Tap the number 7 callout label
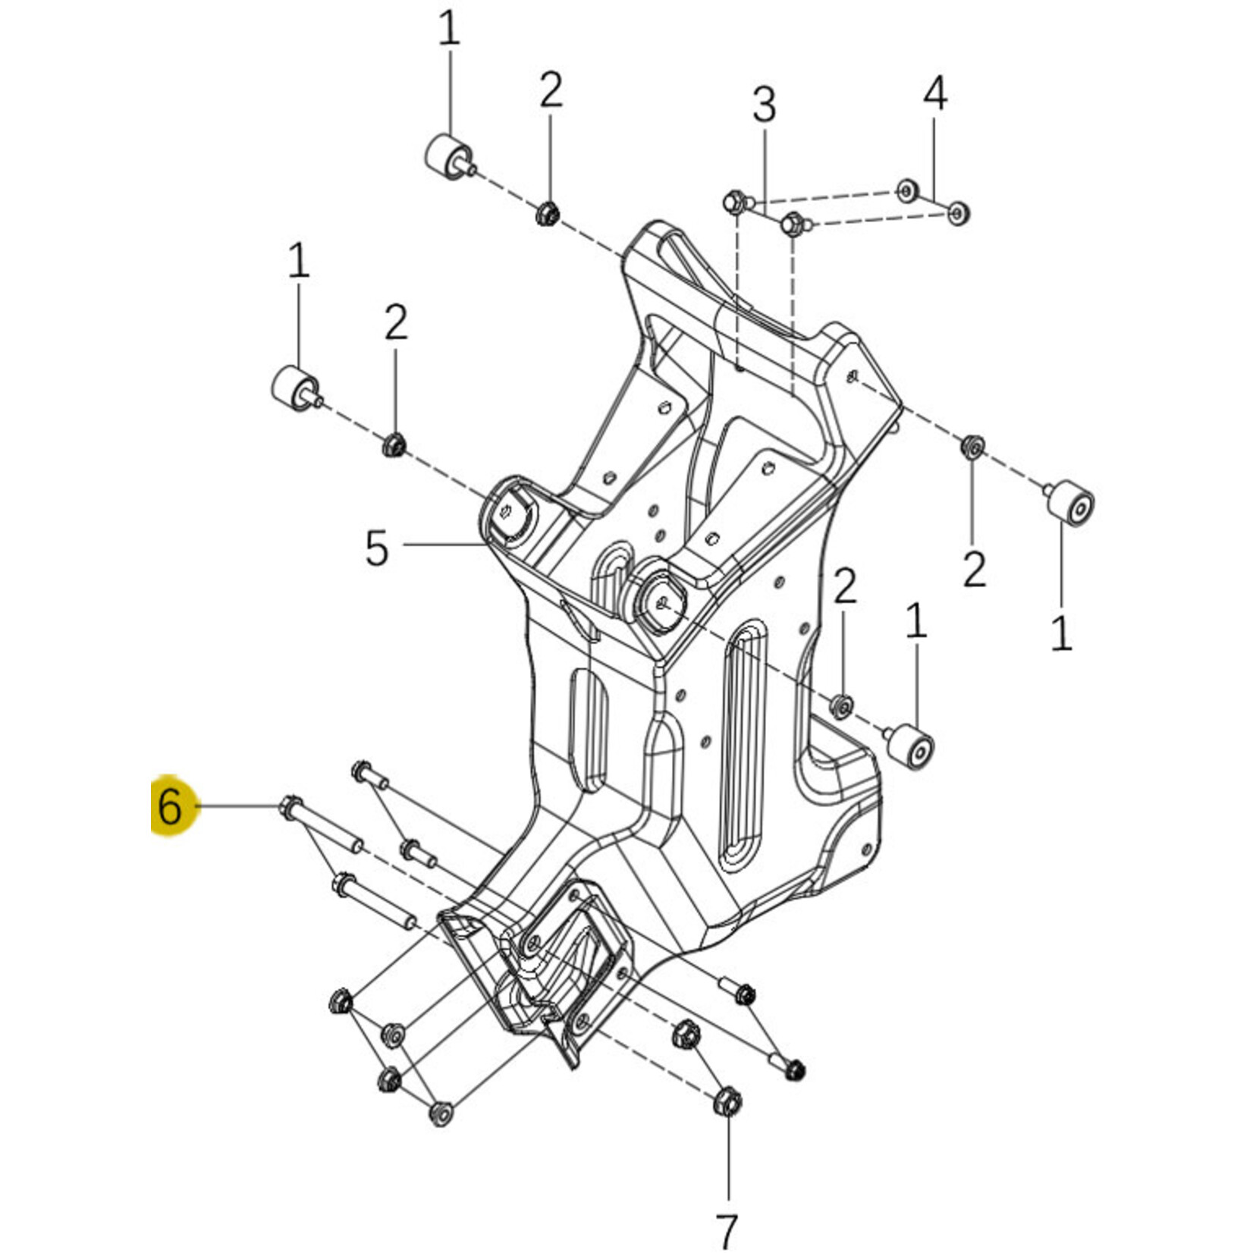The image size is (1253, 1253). click(727, 1230)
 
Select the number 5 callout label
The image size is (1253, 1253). click(377, 548)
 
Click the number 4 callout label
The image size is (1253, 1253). click(935, 95)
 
